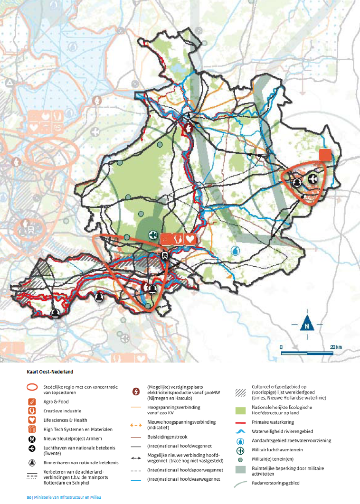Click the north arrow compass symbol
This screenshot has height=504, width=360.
click(x=307, y=324)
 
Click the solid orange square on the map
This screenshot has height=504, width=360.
click(x=325, y=155)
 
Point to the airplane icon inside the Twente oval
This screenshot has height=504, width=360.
click(x=312, y=179)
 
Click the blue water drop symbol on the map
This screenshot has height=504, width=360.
click(x=236, y=250)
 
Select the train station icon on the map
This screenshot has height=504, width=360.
click(x=164, y=255)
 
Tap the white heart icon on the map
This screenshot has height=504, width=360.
click(x=190, y=239)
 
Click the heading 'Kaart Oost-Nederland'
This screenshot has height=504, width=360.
click(x=47, y=372)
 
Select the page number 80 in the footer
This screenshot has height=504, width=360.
click(x=28, y=497)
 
